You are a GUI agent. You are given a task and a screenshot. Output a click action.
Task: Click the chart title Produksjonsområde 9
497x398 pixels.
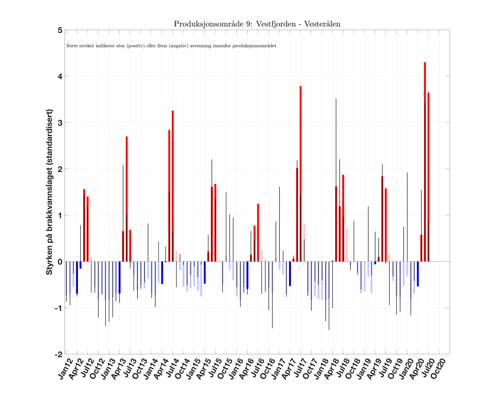pos(257,24)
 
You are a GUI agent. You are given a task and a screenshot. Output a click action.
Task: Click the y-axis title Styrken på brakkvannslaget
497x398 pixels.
pos(49,192)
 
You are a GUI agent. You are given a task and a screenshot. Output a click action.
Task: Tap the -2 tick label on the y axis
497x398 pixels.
pos(59,355)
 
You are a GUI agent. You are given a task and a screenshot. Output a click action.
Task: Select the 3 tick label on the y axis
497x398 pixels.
pos(60,123)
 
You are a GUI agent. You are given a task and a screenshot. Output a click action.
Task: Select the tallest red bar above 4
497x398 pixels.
pos(425,161)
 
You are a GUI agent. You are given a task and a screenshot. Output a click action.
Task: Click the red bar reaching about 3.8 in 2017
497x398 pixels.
pos(301,173)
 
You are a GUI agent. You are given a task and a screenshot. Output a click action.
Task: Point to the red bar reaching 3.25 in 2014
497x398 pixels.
pos(173,186)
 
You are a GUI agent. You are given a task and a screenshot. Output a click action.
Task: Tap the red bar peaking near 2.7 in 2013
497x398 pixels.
pos(127,199)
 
